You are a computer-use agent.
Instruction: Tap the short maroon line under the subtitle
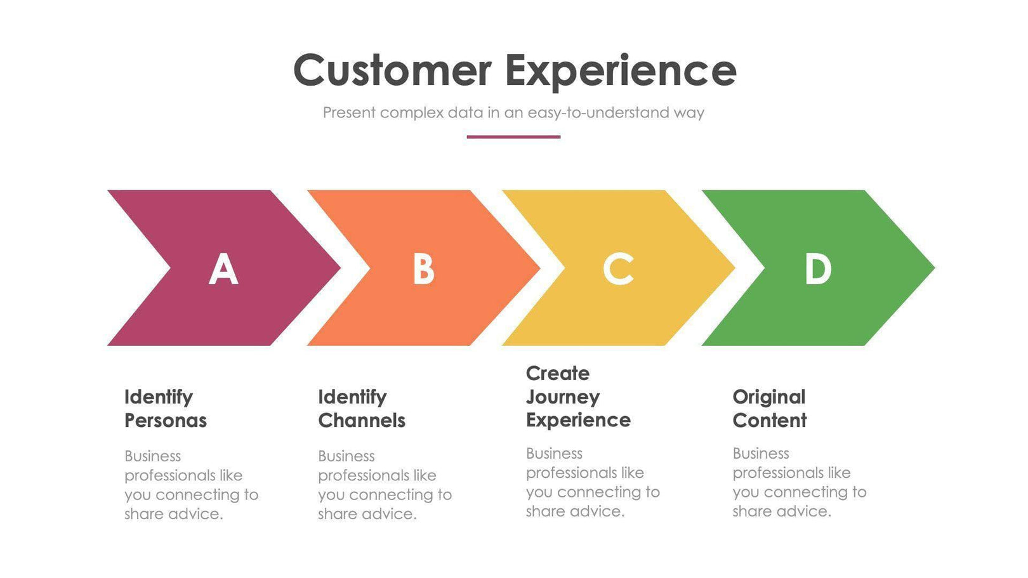(513, 136)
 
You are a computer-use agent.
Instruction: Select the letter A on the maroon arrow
(223, 269)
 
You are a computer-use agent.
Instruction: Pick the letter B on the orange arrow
(423, 269)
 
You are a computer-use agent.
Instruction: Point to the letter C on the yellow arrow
(617, 269)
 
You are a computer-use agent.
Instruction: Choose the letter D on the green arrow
(817, 269)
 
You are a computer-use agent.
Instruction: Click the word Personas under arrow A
(165, 421)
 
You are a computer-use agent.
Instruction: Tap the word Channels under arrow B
(361, 421)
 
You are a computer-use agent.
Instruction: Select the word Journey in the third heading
(562, 398)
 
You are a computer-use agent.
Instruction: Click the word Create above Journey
(557, 373)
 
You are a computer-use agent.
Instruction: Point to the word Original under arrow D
(768, 397)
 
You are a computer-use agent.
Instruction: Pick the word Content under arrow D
(769, 421)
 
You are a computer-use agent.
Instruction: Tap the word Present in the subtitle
(349, 113)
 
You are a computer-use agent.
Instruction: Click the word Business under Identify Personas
(152, 456)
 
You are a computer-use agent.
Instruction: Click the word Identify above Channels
(352, 397)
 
